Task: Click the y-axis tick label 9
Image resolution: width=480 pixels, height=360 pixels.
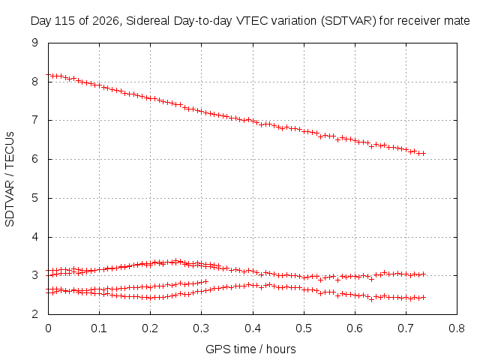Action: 35,43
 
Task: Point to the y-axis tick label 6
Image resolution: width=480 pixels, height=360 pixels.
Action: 35,159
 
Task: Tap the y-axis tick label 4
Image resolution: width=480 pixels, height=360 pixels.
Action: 35,237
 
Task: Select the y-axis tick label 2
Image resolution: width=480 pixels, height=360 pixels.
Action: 35,314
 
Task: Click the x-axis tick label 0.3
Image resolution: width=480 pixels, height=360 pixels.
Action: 201,328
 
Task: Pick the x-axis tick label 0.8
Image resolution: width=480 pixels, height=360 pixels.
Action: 457,328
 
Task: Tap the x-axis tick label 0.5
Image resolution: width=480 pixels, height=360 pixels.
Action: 303,328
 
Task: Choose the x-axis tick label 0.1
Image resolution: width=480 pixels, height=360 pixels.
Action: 99,328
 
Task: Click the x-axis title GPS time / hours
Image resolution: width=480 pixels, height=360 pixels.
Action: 250,349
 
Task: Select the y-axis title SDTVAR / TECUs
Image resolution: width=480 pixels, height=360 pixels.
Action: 10,179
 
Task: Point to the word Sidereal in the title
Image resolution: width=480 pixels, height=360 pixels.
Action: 148,21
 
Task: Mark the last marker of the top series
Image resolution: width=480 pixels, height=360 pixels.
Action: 424,153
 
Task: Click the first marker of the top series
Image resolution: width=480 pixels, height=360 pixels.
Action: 48,74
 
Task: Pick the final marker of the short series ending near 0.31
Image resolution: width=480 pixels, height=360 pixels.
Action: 205,281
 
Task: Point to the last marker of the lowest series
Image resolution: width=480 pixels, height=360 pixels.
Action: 424,297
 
